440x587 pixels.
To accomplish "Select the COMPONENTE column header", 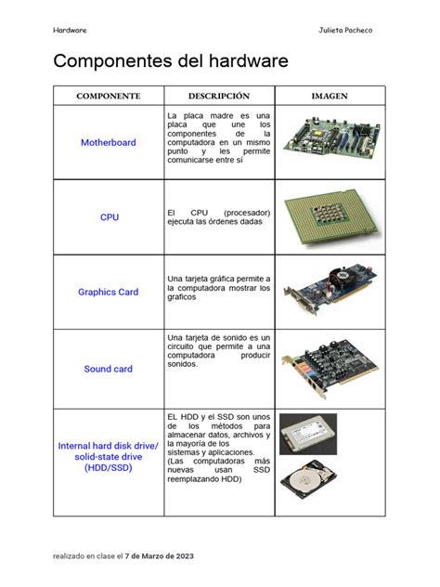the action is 109,96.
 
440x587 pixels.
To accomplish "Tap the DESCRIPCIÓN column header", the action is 219,96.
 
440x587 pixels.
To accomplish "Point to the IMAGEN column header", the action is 330,96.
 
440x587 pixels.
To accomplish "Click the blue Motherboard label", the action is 109,143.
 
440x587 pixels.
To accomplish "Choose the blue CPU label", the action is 110,217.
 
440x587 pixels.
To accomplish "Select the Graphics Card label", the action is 109,292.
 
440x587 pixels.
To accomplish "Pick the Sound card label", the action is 109,369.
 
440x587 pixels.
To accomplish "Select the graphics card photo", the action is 330,292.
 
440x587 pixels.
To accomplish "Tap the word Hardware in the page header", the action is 71,30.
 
